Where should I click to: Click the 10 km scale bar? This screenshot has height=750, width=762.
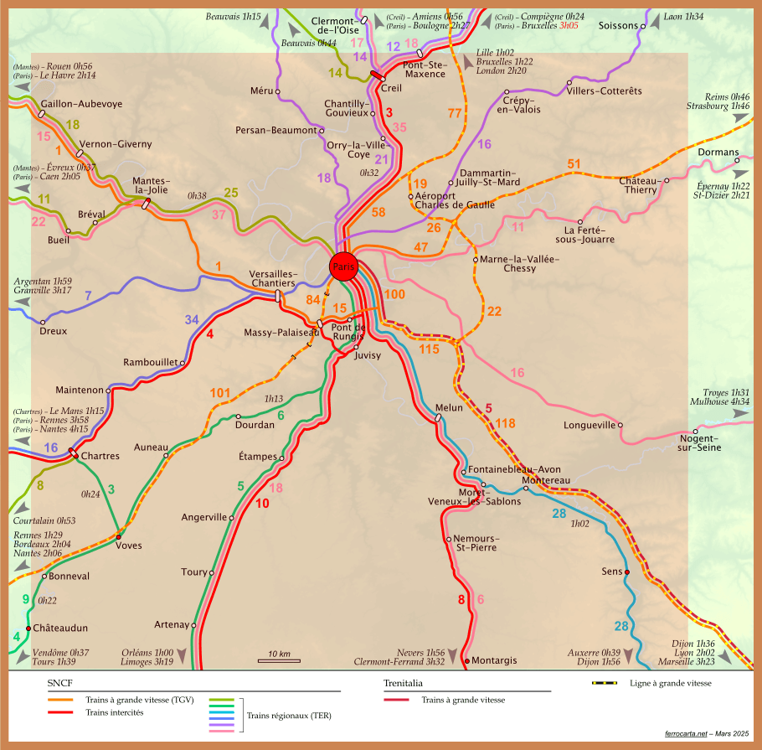coord(279,660)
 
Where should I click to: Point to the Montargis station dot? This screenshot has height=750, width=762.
coord(466,662)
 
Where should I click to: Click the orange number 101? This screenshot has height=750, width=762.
coord(219,392)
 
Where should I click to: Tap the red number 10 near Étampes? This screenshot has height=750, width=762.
coord(262,504)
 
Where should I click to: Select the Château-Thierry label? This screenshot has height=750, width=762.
coord(639,186)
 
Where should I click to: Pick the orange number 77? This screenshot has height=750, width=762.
coord(455,113)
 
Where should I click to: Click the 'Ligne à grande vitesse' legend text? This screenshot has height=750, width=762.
coord(671,683)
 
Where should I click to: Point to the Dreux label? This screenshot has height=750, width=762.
coord(53,331)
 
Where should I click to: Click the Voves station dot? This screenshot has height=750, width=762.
coord(119,536)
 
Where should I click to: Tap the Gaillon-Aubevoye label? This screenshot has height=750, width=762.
coord(81,104)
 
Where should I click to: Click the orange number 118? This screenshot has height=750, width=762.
coord(505,423)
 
